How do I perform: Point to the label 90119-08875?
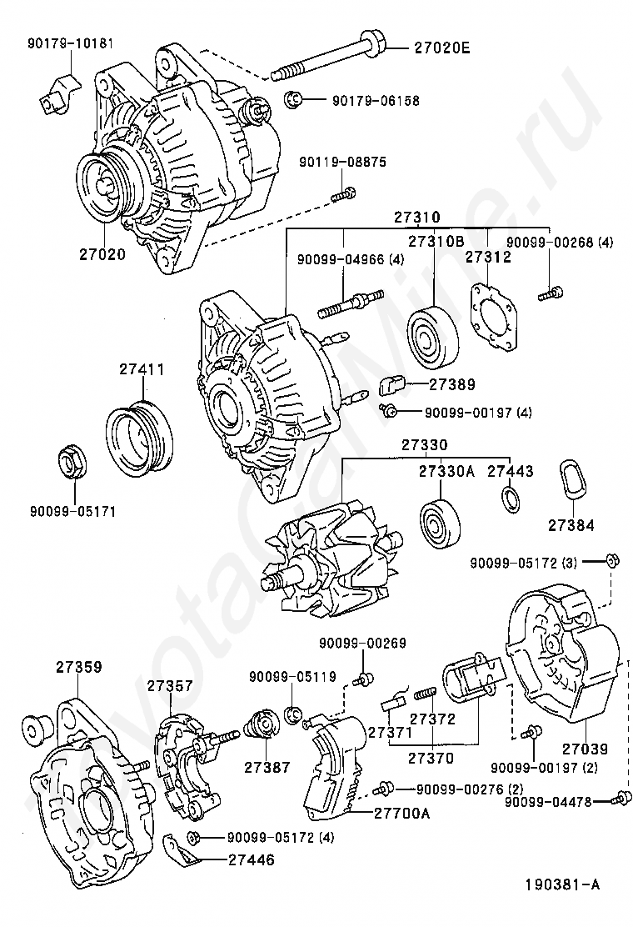(x=342, y=162)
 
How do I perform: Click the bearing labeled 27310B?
(x=433, y=338)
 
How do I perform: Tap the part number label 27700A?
(x=402, y=814)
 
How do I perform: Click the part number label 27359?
(x=79, y=667)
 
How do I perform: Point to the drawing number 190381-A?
(x=563, y=884)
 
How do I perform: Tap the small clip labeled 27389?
(x=391, y=385)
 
